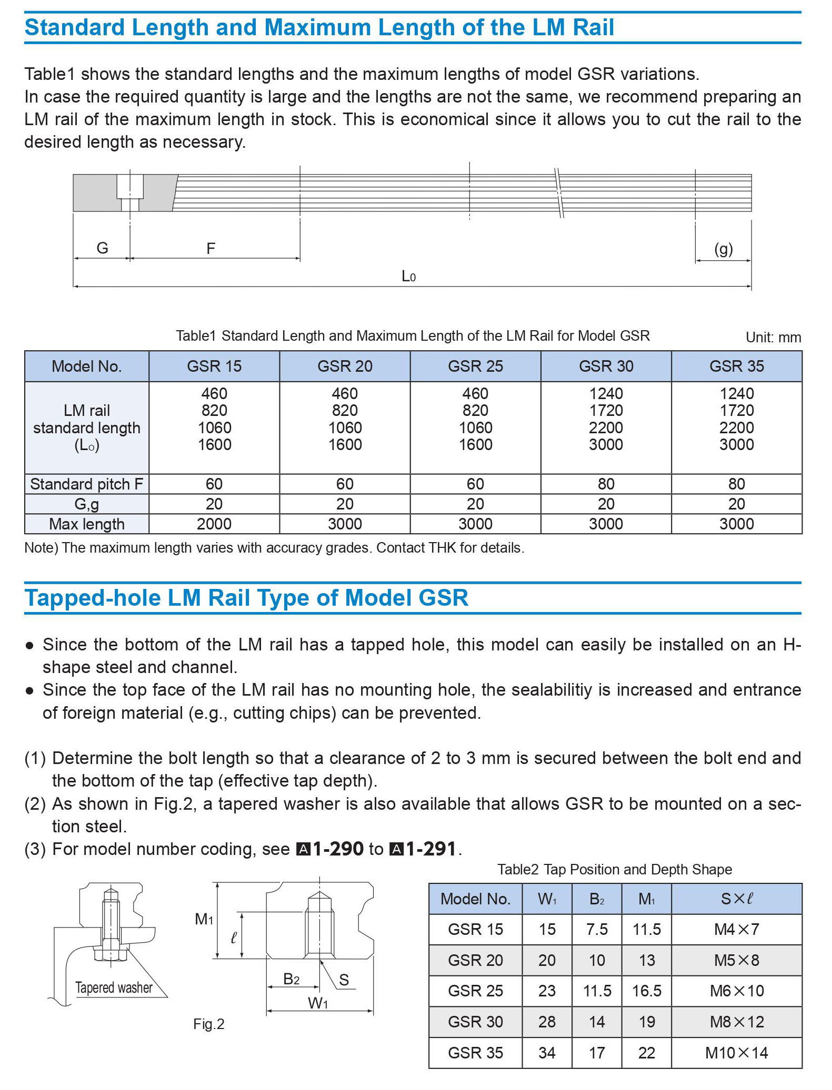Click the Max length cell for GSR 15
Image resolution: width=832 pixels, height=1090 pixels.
pos(214,524)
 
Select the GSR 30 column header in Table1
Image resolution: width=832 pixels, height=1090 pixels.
pos(606,366)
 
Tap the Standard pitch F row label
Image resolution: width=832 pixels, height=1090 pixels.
pos(87,484)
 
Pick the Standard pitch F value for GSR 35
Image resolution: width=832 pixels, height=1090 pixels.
pos(736,484)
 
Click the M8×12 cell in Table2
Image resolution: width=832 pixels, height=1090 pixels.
pos(736,1022)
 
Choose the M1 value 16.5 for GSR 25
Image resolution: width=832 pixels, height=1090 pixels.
pos(646,991)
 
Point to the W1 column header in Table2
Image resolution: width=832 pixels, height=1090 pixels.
pos(547,899)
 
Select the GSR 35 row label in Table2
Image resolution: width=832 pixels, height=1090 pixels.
pos(475,1053)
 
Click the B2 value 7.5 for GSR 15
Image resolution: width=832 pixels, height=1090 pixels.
pos(597,929)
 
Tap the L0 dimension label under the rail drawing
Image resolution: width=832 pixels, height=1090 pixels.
pos(408,276)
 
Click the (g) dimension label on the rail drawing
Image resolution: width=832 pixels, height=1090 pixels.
pos(723,249)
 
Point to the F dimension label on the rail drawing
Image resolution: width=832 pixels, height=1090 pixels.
pos(210,248)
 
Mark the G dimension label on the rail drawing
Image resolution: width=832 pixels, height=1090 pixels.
pos(102,248)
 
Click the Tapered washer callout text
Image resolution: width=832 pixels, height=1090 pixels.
pos(114,987)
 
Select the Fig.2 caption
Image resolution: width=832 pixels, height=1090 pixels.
pos(208,1024)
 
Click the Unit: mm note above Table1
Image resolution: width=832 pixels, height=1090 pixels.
pos(773,337)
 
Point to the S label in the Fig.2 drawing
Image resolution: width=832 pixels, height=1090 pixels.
pos(344,980)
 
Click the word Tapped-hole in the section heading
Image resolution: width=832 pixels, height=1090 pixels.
pos(93,598)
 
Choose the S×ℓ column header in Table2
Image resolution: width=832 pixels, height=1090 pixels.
pos(736,899)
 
